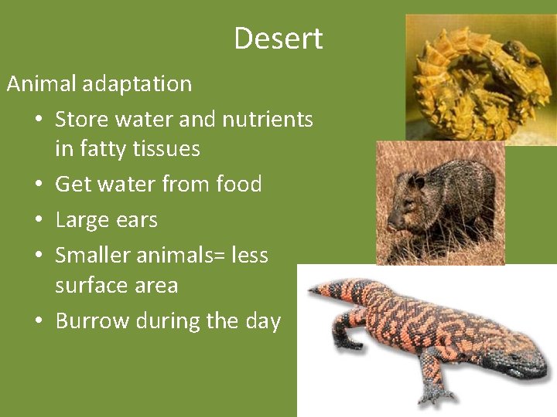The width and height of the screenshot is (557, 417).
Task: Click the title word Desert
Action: [x=278, y=39]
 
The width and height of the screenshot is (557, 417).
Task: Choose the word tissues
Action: [x=167, y=148]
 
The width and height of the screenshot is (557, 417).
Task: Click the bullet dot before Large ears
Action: [x=38, y=220]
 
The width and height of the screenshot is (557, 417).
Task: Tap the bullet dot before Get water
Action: [x=38, y=185]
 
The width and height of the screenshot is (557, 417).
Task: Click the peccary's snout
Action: [x=395, y=224]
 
